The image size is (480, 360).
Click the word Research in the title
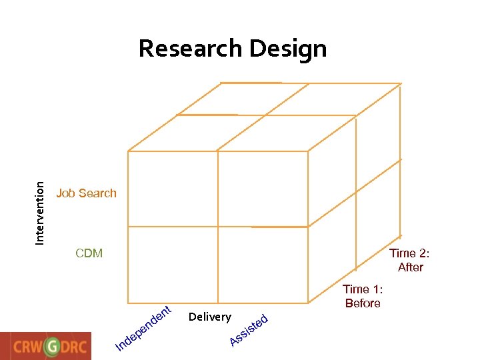coord(190,49)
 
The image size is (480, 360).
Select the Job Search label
coord(86,193)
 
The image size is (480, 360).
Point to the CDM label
coord(89,253)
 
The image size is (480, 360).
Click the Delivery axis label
coord(210,317)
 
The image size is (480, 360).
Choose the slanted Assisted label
coord(249,330)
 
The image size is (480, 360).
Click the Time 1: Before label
coord(363,296)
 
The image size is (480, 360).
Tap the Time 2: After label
coord(410,260)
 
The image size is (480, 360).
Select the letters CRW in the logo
coord(27,347)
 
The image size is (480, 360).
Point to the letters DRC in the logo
coord(77,347)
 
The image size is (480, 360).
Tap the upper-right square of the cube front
coord(263,189)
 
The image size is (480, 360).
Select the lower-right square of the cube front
coord(263,265)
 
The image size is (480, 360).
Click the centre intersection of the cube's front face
coord(217,227)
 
